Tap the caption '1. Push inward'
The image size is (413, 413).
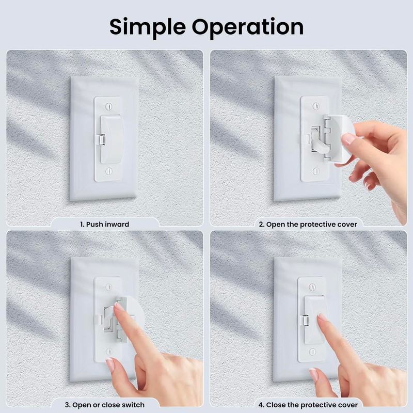pyautogui.click(x=104, y=225)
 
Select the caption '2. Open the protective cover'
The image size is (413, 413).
pyautogui.click(x=308, y=225)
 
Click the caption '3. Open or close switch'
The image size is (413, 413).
pyautogui.click(x=105, y=404)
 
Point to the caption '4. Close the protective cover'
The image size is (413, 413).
pyautogui.click(x=309, y=404)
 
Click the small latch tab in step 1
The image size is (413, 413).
pyautogui.click(x=102, y=140)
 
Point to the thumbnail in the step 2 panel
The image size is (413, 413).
pyautogui.click(x=348, y=139)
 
